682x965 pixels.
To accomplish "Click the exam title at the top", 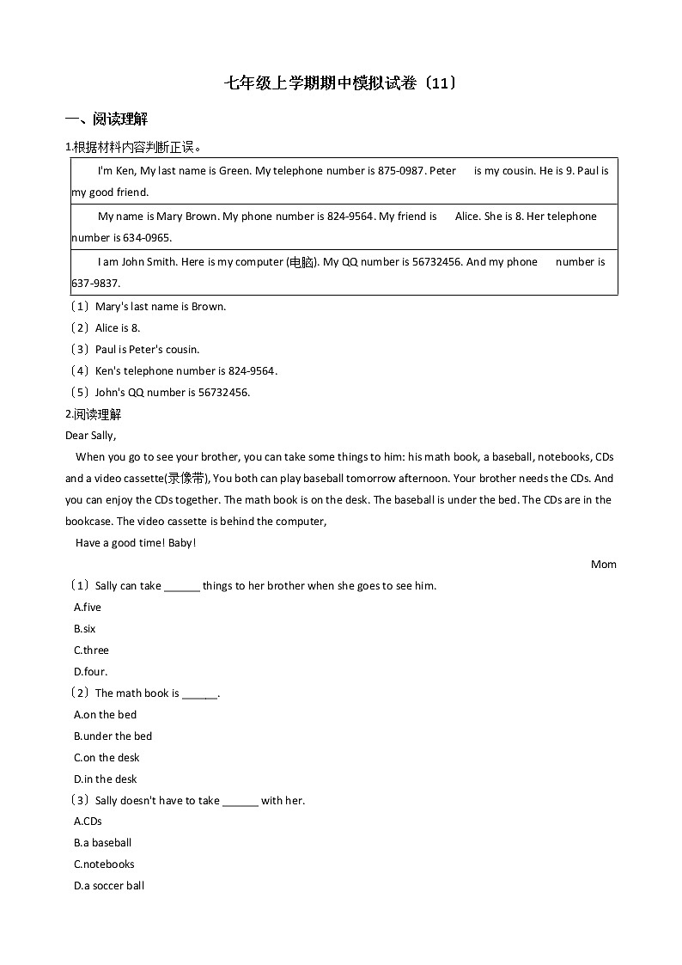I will point(340,83).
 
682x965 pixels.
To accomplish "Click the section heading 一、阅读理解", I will point(107,119).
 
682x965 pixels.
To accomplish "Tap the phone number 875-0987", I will point(400,171).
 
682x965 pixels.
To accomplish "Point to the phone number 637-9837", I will point(96,284).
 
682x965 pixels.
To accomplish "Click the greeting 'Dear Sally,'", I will point(90,436).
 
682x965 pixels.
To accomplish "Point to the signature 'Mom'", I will point(603,565).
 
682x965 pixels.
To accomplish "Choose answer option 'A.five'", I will point(88,608).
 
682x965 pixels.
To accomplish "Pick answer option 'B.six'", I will point(85,629).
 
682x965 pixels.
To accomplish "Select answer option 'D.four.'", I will point(91,672).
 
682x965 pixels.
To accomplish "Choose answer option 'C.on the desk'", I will point(107,758).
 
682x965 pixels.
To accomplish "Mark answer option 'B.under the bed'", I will point(113,736).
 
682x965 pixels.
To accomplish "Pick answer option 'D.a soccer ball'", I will point(109,886).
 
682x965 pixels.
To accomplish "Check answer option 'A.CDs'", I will point(88,821).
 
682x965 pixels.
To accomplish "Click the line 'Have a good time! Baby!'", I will point(136,543).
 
